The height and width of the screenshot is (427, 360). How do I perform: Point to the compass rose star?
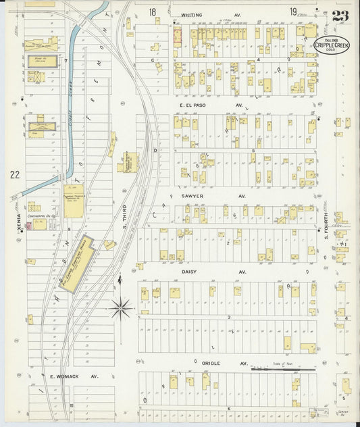[x=122, y=309]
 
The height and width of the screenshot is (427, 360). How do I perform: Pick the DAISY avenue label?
[x=194, y=272]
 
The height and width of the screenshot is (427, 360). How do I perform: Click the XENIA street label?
[x=19, y=224]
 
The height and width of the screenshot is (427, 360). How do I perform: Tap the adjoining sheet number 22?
[x=15, y=175]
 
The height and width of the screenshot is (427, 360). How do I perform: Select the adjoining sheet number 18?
[x=153, y=11]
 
